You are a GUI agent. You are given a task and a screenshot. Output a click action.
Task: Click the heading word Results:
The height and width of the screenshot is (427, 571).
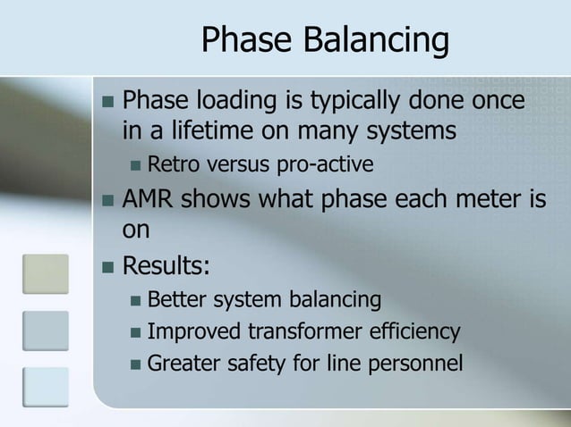click(159, 265)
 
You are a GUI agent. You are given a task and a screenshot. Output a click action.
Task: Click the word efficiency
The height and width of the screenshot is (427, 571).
click(417, 331)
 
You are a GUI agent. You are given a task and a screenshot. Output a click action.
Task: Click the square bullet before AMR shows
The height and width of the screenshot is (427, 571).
click(107, 198)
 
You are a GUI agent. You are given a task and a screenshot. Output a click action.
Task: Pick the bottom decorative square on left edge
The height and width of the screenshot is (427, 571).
click(45, 387)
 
